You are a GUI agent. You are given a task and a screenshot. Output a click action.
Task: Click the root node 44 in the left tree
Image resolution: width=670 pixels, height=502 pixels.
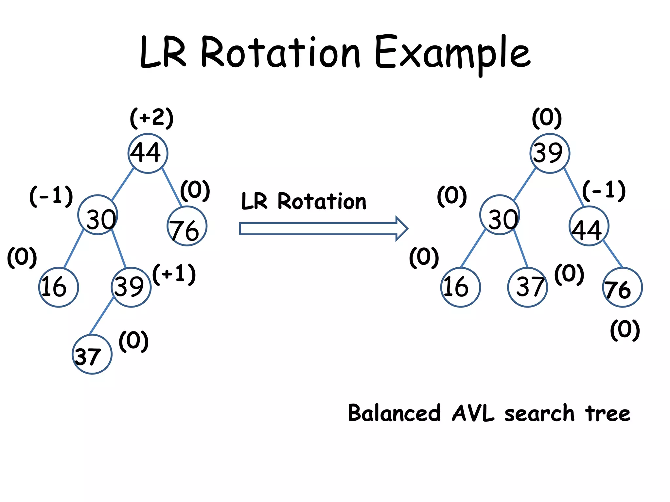pos(148,153)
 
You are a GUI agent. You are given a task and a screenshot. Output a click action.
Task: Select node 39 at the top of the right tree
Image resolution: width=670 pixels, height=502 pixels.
pos(550,153)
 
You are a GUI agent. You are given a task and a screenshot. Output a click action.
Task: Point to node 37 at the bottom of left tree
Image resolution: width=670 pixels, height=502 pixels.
pos(92,354)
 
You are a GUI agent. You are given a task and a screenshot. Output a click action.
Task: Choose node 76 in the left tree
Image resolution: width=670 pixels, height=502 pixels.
pos(187,226)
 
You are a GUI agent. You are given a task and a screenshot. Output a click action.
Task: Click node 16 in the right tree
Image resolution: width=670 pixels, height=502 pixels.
pos(460,287)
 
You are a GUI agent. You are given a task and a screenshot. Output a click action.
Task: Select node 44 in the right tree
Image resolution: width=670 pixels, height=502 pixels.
pos(589,226)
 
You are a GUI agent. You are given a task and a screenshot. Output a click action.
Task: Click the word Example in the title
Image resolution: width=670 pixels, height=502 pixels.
pos(452,54)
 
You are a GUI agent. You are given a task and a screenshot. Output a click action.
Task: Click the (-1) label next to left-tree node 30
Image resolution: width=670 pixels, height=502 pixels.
pos(51,196)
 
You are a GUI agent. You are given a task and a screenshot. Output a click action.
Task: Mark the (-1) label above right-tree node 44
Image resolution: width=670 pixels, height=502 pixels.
pos(604,191)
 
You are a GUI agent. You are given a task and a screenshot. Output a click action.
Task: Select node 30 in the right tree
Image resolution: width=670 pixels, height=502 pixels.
pos(500,215)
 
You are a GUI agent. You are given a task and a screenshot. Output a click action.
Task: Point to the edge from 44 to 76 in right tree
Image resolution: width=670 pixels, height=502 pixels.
pos(613,254)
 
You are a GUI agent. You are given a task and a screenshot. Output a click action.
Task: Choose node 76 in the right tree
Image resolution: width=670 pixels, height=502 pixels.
pos(622,287)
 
